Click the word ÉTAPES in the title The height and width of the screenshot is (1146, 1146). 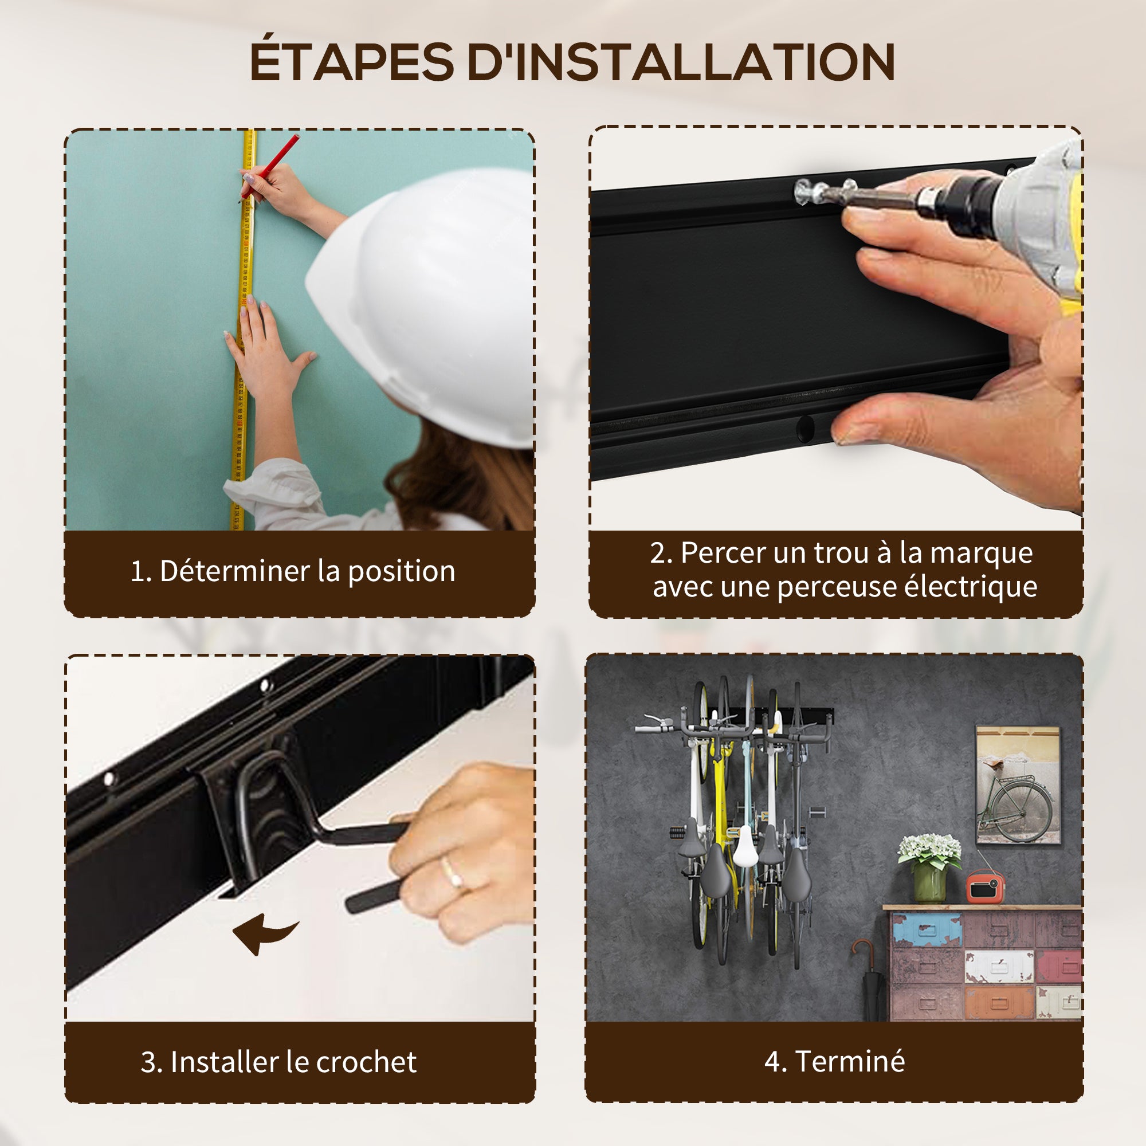click(x=352, y=61)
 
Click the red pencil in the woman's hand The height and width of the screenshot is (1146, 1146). click(x=270, y=166)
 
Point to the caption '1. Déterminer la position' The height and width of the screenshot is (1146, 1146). click(x=293, y=571)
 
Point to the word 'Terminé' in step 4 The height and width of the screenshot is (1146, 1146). click(x=850, y=1061)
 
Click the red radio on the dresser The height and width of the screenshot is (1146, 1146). click(x=985, y=887)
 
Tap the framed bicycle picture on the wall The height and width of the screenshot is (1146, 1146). click(x=1018, y=785)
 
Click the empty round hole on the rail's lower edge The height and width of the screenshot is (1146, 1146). click(x=805, y=428)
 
